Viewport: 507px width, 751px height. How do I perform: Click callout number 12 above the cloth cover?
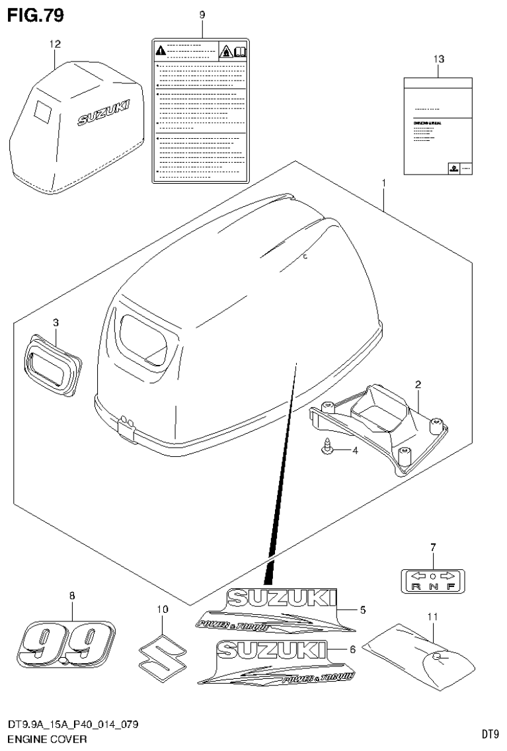pos(55,44)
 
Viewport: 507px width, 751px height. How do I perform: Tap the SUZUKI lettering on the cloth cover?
pos(104,112)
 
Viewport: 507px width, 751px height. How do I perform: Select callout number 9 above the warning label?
pos(202,15)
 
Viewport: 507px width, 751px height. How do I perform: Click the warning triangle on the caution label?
pos(160,50)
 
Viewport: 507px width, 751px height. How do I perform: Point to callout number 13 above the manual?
pos(438,59)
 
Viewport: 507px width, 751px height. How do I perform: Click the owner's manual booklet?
pos(438,126)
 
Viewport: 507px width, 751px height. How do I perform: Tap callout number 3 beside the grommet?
pos(56,323)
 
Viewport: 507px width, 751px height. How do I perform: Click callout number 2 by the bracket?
pos(418,384)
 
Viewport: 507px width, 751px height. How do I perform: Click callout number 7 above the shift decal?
pos(433,547)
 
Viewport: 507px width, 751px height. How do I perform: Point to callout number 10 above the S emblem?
pos(162,609)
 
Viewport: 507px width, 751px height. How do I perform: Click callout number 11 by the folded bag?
pos(433,617)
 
